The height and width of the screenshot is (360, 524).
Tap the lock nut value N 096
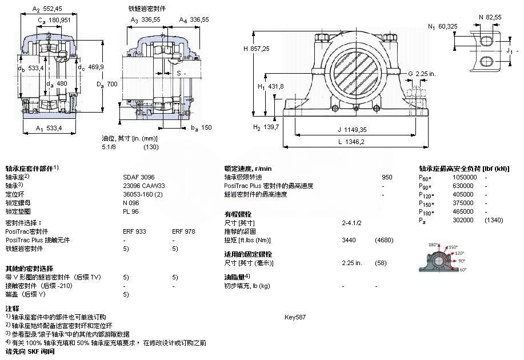point(131,203)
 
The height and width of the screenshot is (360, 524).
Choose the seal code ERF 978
point(183,231)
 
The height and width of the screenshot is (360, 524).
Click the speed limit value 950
point(387,177)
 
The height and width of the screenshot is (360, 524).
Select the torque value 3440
point(349,240)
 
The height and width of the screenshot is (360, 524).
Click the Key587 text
point(295,317)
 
